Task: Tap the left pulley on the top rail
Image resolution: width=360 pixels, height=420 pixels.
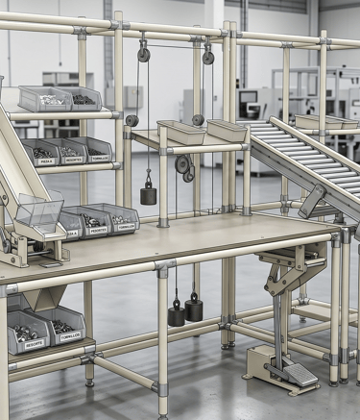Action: pos(143,55)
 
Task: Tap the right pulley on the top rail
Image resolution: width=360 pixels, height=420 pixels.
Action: pos(208,57)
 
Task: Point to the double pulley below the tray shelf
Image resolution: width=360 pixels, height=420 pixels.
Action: pos(184,167)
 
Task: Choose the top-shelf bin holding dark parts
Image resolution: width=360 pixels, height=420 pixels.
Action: pos(81,98)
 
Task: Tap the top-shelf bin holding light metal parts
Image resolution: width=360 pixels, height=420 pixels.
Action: pos(44,97)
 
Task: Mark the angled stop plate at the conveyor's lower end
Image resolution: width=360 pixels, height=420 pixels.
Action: pos(312,201)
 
